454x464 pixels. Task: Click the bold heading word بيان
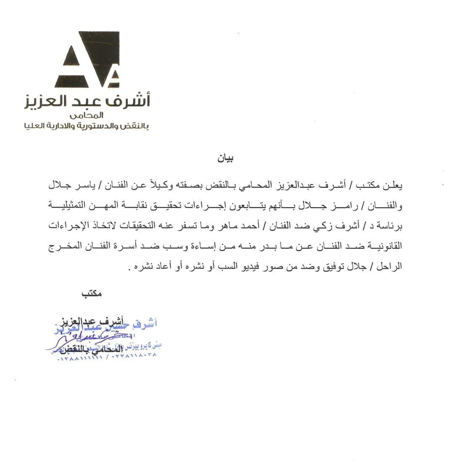tap(225, 158)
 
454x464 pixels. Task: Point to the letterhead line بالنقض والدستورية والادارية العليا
tap(87, 126)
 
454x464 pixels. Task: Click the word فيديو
tap(232, 267)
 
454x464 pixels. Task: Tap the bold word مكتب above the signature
tap(92, 294)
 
